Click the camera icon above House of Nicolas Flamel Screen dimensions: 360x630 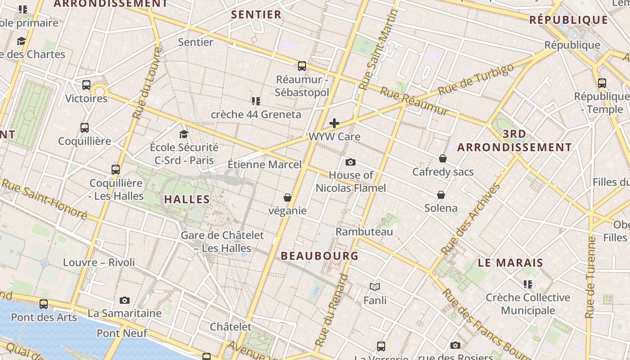[x=350, y=162]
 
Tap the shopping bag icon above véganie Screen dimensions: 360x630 [x=288, y=198]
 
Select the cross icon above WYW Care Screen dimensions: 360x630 [x=334, y=123]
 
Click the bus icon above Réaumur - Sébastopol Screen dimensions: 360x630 [x=302, y=66]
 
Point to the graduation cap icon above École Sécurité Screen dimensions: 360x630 [x=184, y=134]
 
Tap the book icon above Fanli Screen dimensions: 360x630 [x=375, y=287]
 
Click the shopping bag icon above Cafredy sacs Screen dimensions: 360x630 [x=443, y=158]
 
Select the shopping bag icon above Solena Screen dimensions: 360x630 [x=441, y=195]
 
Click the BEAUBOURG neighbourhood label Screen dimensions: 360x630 [x=319, y=256]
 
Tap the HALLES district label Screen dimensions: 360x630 [x=187, y=199]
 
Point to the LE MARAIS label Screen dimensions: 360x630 [x=510, y=263]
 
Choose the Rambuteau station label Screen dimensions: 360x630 [x=364, y=232]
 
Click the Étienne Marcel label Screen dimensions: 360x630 [x=265, y=164]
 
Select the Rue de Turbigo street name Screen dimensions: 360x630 [x=476, y=79]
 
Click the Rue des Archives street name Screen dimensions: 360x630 [x=471, y=219]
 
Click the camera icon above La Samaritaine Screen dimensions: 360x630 [x=125, y=300]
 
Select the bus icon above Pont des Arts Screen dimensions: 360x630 [x=44, y=304]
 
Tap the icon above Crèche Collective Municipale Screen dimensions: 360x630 [x=528, y=284]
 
